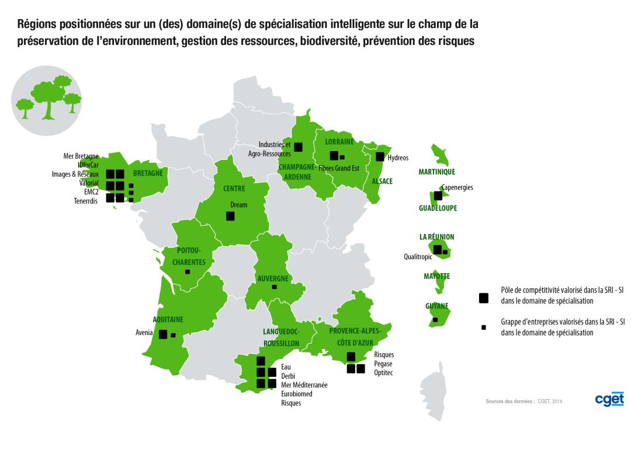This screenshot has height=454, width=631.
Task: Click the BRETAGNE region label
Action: pos(148,173)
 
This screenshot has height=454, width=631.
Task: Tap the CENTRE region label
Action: pos(234,188)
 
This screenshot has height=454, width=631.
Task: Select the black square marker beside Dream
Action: pos(230,216)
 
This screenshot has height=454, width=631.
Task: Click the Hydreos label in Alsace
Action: pos(398,158)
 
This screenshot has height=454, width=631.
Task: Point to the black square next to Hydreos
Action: pos(380,156)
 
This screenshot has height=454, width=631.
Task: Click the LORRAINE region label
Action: pos(339,142)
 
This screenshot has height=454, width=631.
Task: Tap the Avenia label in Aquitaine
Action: pos(144,333)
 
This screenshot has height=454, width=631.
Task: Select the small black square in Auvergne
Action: pos(274,287)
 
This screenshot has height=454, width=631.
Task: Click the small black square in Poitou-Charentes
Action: pos(187,272)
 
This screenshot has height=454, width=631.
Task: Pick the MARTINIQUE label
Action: pos(436,172)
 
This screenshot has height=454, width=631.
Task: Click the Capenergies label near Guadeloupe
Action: pos(457,187)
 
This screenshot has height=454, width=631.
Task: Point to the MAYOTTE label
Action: pos(436,276)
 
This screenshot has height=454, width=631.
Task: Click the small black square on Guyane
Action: pos(435,320)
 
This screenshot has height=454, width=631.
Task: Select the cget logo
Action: pos(609,399)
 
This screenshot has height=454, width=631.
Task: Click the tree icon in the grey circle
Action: pos(47,99)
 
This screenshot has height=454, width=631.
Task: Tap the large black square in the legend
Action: pos(483,298)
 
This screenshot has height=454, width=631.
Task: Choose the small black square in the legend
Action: pos(483,327)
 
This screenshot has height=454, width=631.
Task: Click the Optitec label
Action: pos(383,372)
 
